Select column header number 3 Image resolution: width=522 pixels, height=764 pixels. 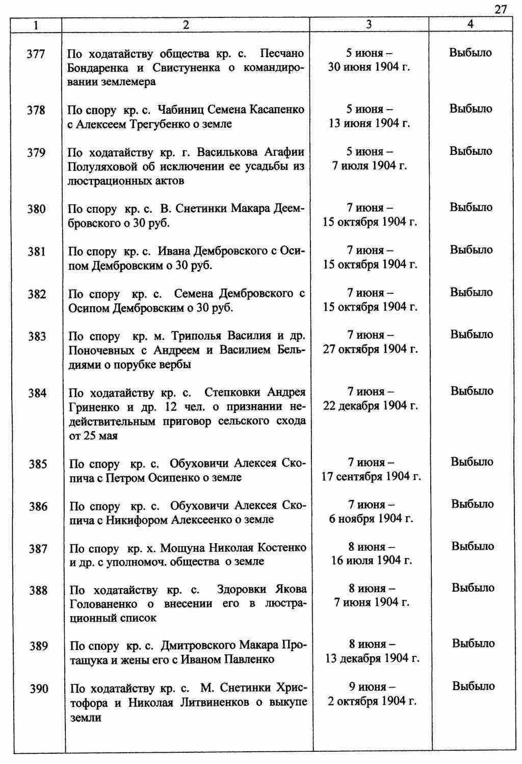pos(369,24)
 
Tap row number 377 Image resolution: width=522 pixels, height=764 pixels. pos(36,54)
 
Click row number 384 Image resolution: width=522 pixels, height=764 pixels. pos(36,393)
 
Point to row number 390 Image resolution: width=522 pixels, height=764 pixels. pos(39,689)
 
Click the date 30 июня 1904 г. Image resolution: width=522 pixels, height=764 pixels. pos(369,67)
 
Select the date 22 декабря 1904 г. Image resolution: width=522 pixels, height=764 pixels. pos(370,406)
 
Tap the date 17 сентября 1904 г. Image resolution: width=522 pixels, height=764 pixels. pos(371,476)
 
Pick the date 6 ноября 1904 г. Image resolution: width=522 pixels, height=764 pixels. pos(371,519)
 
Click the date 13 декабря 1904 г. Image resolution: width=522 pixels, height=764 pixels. pos(372,658)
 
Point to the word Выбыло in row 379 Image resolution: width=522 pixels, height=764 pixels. pos(471,151)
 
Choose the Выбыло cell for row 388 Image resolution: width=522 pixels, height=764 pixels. pos(473,588)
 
